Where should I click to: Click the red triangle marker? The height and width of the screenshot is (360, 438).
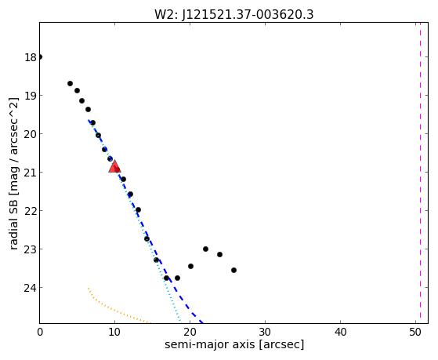click(114, 166)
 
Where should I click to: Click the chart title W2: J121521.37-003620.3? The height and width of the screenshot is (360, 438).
click(234, 15)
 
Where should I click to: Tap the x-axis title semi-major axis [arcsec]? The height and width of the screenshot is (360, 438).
click(234, 344)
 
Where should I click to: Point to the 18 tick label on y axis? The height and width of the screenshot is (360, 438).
click(31, 57)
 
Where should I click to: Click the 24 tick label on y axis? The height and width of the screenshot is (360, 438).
click(31, 288)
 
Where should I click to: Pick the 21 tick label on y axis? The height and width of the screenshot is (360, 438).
click(31, 173)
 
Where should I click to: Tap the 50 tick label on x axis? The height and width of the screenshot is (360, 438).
click(415, 333)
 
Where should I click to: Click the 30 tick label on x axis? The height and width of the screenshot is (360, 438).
click(265, 333)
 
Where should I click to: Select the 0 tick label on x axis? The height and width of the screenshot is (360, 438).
click(40, 333)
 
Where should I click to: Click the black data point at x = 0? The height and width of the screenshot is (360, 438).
click(40, 57)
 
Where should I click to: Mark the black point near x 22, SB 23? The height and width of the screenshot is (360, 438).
click(205, 249)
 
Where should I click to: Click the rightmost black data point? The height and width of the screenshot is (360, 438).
click(233, 271)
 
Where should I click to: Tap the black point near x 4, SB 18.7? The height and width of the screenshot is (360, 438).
click(70, 84)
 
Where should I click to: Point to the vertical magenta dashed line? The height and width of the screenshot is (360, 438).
click(420, 173)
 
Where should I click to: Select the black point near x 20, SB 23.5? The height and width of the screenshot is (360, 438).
click(190, 267)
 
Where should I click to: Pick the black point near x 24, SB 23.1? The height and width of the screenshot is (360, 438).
click(220, 255)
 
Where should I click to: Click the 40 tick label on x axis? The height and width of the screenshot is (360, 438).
click(340, 333)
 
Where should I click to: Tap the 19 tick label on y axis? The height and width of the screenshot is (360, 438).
click(31, 96)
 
